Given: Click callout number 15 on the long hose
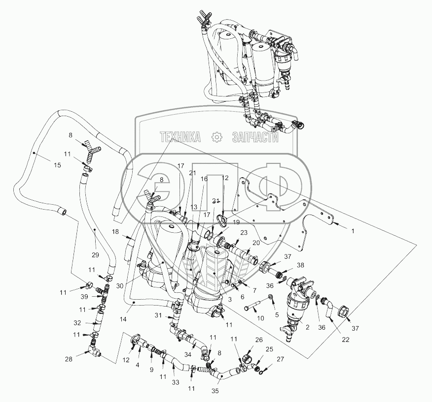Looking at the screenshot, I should [57, 165].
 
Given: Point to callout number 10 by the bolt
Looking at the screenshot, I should [261, 318].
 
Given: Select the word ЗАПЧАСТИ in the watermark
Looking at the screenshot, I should [255, 138].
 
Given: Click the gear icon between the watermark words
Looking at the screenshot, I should [216, 138].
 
